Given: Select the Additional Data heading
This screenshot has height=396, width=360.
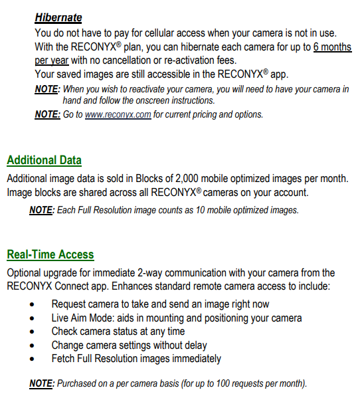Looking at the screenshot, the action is [x=44, y=160].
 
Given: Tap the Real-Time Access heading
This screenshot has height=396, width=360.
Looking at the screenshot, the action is [x=50, y=254].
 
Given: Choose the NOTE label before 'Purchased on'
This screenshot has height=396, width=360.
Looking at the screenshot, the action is [x=42, y=383].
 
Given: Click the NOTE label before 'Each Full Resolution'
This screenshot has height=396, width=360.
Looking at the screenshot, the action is [x=41, y=210].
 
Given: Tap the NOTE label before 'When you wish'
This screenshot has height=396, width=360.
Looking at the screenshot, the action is [x=47, y=89].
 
